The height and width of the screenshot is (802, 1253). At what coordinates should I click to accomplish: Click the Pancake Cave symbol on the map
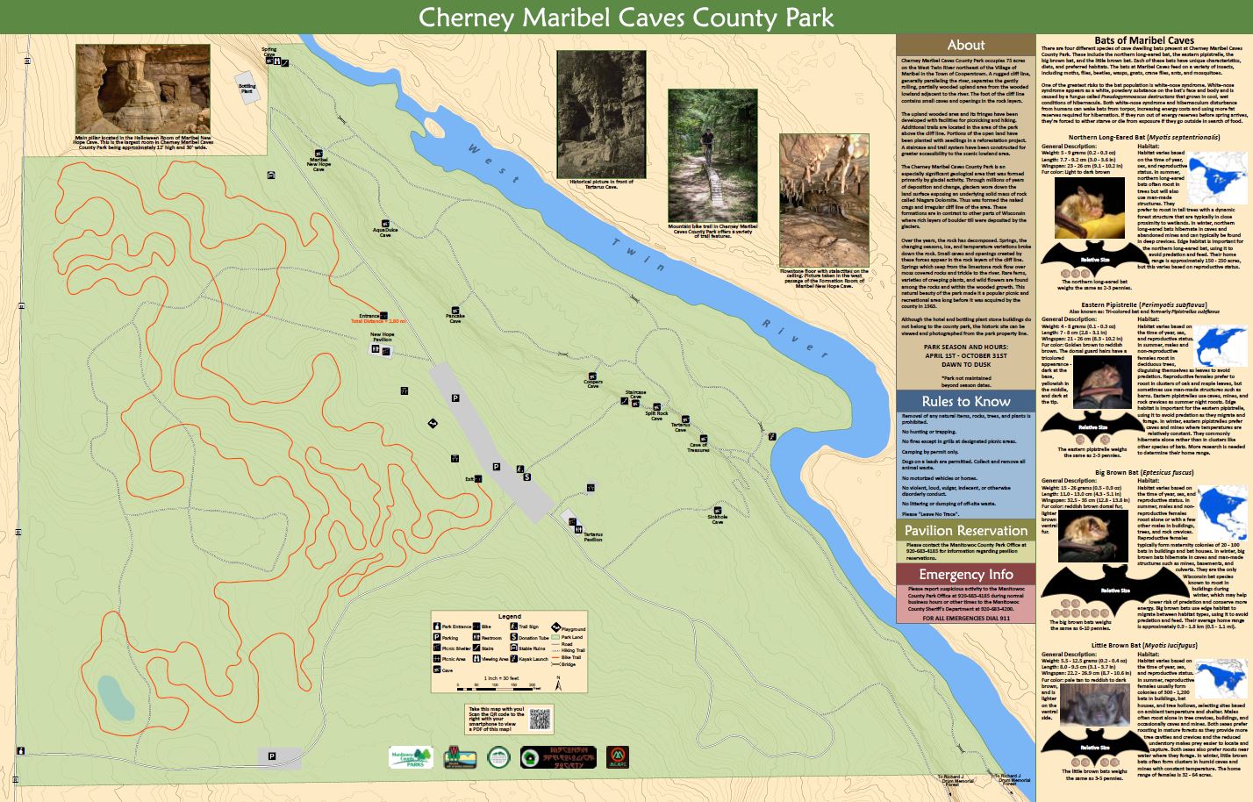tap(455, 311)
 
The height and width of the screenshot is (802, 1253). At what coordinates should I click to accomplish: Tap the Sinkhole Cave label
tap(718, 519)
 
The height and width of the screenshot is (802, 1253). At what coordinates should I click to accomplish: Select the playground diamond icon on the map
tap(433, 424)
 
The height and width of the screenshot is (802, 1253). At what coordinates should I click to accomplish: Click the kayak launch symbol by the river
tap(772, 436)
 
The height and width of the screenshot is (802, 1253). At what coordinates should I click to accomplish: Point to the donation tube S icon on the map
tap(526, 477)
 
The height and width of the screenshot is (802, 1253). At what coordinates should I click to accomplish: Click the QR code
tap(541, 719)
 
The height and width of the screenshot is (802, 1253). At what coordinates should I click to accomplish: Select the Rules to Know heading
tap(965, 402)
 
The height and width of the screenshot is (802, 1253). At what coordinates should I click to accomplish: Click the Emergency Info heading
tap(965, 575)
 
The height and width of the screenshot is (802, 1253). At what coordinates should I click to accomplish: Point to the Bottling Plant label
tap(247, 88)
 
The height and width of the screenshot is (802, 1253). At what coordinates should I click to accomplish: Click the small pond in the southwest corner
tap(115, 696)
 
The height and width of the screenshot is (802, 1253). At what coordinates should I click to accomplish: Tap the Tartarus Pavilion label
tap(593, 537)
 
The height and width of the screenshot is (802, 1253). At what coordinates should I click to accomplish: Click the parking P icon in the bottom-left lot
tap(272, 755)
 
